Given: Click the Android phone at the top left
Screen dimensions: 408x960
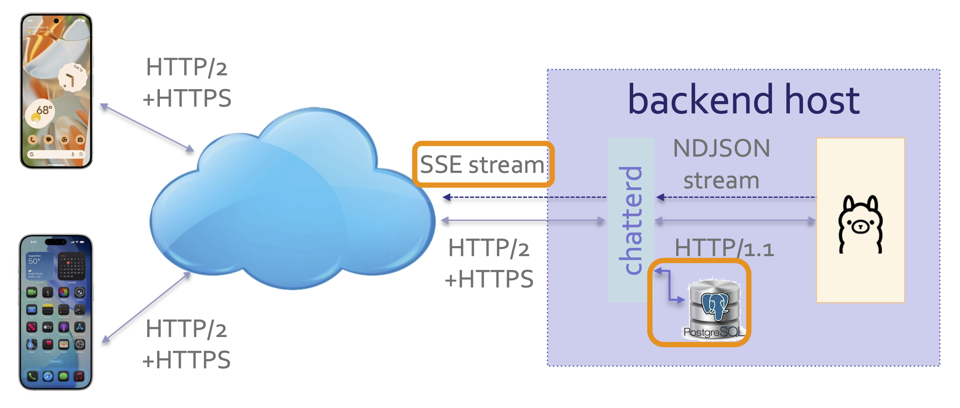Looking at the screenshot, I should click(x=56, y=90).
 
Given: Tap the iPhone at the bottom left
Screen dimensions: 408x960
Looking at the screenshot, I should click(x=56, y=312).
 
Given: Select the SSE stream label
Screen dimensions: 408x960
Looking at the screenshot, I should click(x=482, y=165).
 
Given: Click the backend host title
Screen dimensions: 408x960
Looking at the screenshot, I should click(x=743, y=100).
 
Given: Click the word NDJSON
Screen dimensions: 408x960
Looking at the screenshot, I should click(x=721, y=148).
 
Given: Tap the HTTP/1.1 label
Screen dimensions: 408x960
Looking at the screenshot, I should click(x=724, y=248).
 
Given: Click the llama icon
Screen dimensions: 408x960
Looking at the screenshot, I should click(x=860, y=224).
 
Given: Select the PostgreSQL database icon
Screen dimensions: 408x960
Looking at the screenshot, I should click(x=715, y=303).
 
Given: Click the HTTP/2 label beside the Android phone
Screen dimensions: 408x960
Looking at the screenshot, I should click(x=186, y=67).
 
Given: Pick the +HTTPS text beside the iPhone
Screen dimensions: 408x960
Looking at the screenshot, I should click(x=186, y=360).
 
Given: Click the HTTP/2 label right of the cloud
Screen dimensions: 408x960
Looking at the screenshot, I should click(x=489, y=248).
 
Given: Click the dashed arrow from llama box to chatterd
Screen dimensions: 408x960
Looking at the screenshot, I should click(x=736, y=197).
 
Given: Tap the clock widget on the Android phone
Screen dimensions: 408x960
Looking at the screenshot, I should click(x=72, y=77).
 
